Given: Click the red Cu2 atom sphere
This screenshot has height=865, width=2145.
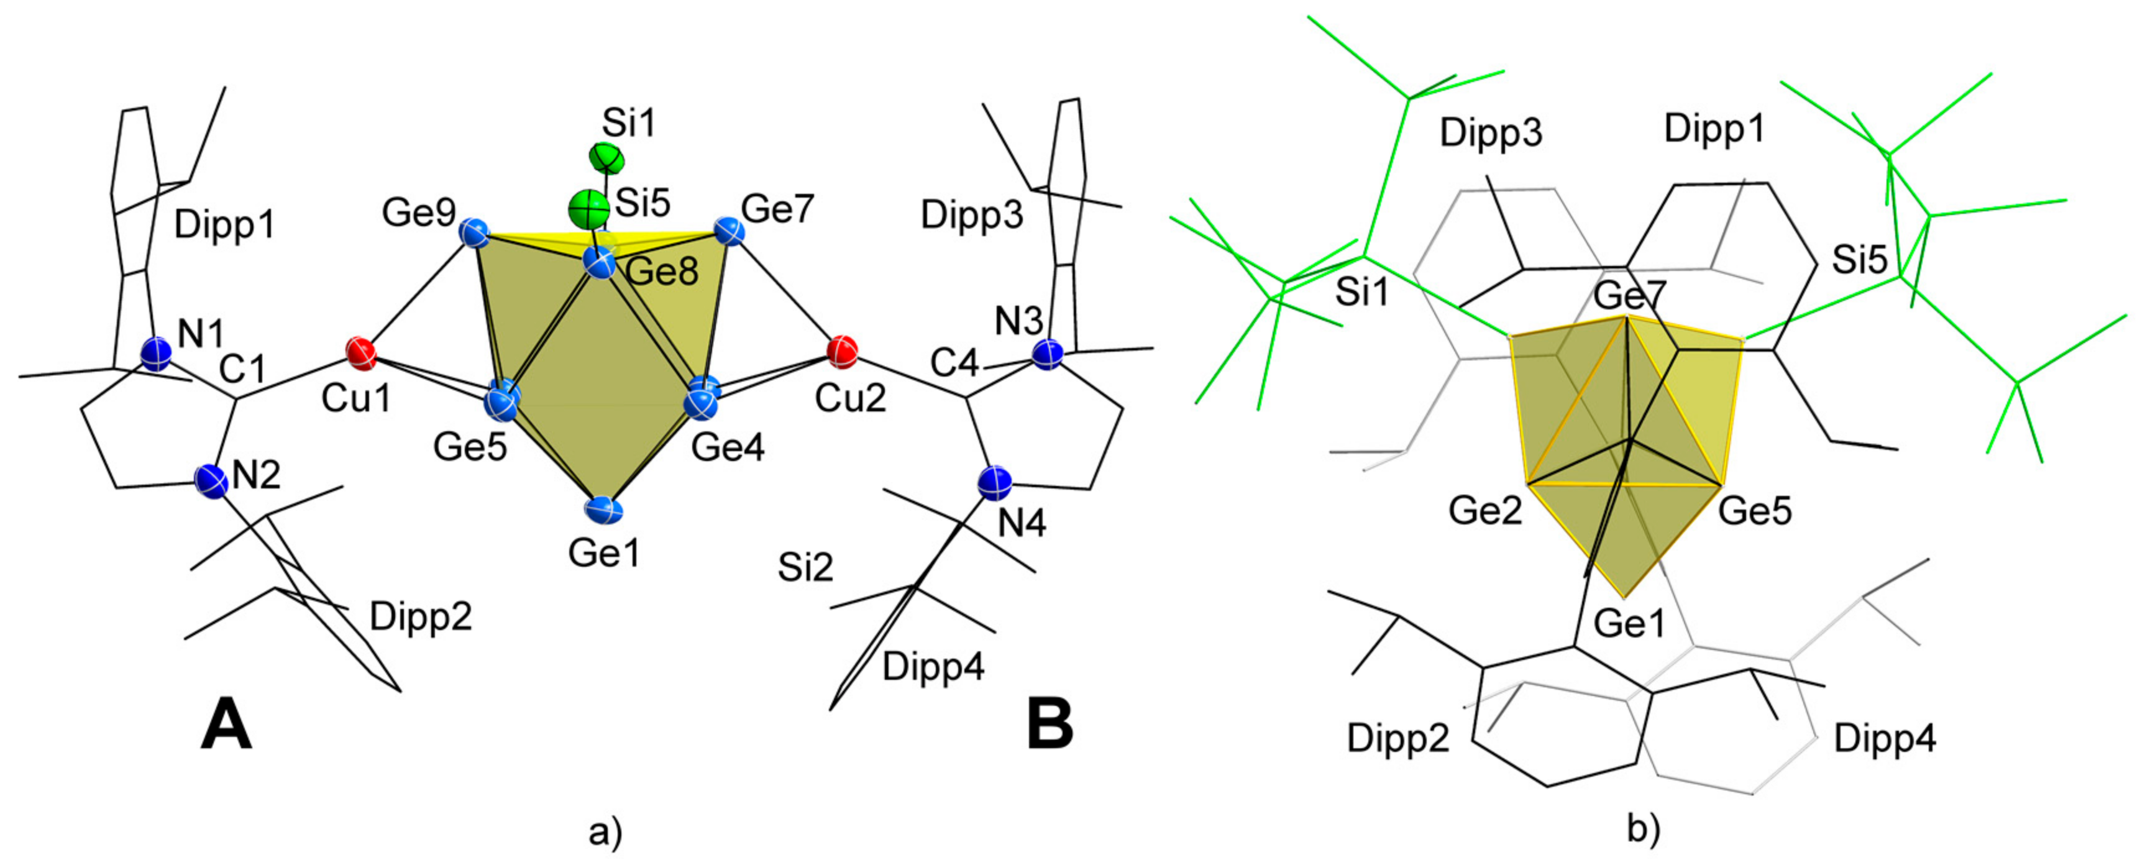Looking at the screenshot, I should coord(843,350).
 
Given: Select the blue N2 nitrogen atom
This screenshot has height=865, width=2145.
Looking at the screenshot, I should coord(211,481).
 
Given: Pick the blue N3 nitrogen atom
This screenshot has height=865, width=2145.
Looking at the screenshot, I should coord(1048,354).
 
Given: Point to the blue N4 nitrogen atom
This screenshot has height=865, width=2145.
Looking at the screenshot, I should coord(995,483).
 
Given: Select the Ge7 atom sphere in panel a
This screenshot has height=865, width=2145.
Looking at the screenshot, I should coord(729,230).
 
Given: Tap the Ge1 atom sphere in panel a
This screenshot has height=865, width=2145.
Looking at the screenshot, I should coord(605,510).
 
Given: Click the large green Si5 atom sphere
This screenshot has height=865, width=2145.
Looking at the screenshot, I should coord(588,208).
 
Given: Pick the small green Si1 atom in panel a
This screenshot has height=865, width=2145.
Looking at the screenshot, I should coord(605,157).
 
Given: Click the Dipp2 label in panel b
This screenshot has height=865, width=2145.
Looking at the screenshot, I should coord(1398,738).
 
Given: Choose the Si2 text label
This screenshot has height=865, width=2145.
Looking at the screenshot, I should coord(805,568).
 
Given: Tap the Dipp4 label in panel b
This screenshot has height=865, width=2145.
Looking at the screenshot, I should coord(1885,738).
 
